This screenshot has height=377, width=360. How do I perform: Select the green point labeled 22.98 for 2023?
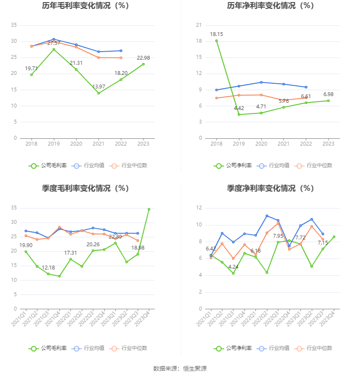tap(143, 64)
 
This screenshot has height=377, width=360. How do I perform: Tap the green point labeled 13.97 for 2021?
tap(99, 93)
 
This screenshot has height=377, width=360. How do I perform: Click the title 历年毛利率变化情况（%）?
tap(85, 6)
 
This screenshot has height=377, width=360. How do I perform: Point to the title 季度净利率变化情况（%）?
tap(270, 188)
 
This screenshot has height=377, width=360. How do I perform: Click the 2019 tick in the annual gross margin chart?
tap(54, 144)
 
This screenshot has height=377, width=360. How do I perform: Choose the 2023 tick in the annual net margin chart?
tap(328, 144)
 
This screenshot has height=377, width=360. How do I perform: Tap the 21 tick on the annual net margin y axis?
tap(198, 25)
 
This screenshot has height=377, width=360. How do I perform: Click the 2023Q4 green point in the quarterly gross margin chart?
tap(149, 209)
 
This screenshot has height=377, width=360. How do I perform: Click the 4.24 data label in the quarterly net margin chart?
tap(233, 267)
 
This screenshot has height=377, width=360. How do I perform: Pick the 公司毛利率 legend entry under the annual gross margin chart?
tap(48, 165)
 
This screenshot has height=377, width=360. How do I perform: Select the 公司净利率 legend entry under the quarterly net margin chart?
tap(233, 348)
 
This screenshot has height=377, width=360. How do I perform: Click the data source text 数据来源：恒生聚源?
tap(180, 369)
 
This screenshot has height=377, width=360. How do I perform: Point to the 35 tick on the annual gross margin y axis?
tap(14, 25)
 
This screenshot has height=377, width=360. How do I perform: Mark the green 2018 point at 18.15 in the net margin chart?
tap(216, 41)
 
